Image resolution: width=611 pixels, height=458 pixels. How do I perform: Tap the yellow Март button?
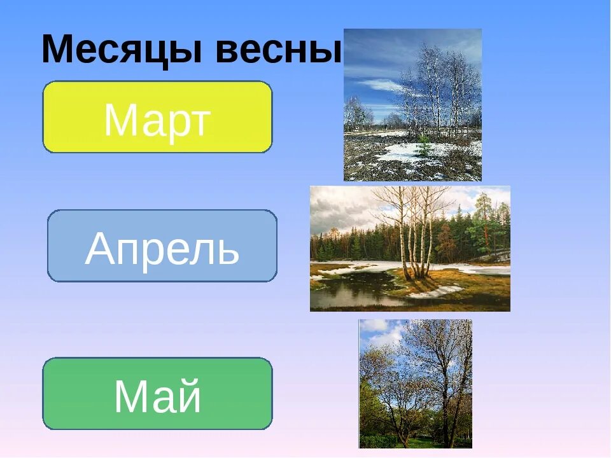point(157,117)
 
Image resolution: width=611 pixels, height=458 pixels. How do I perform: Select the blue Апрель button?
point(162,246)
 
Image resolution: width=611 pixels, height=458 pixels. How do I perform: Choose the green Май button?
point(157,394)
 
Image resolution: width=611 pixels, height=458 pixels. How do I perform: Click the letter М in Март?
point(120,120)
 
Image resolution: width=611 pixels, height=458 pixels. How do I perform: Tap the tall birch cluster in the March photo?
point(439,89)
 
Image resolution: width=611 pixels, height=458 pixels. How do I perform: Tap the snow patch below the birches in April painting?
point(436,292)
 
